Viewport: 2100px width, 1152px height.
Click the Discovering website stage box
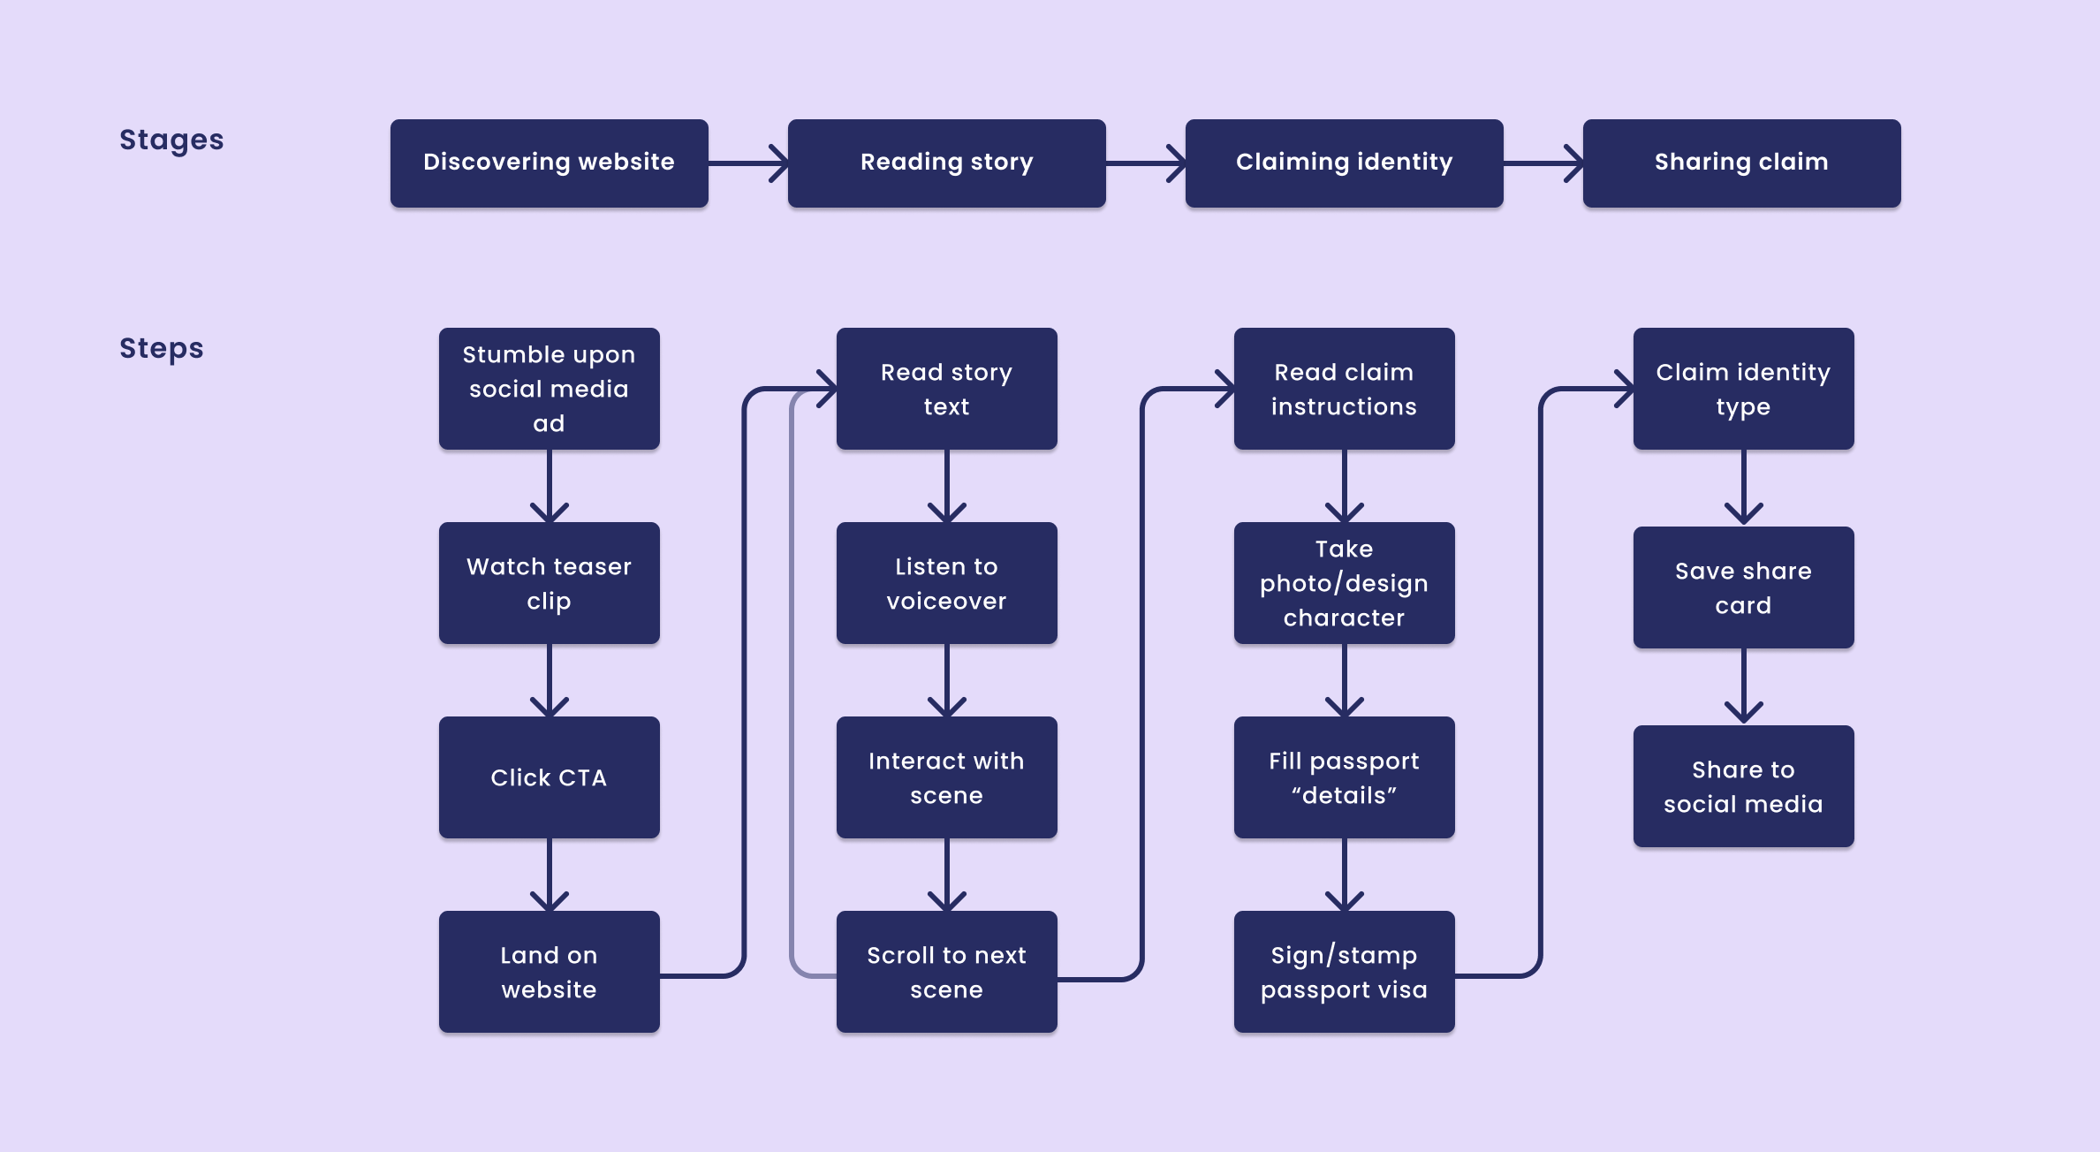click(549, 163)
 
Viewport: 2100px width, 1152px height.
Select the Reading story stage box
click(946, 163)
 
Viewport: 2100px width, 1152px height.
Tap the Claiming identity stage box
click(1344, 163)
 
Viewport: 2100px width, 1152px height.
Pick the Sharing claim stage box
click(1741, 163)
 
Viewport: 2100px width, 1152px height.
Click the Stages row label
click(171, 140)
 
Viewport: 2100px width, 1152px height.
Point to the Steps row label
click(161, 348)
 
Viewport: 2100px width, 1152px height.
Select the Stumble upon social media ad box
click(549, 389)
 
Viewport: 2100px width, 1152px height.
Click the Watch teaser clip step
click(549, 583)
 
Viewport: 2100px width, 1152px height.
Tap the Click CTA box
click(549, 777)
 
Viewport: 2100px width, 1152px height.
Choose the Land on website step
click(549, 972)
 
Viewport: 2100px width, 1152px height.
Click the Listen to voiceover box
click(946, 583)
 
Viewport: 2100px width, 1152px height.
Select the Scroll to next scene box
click(946, 972)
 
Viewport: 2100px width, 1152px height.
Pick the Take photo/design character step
click(1344, 583)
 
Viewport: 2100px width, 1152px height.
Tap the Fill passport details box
click(1344, 777)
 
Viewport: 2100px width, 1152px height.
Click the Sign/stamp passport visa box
click(1344, 972)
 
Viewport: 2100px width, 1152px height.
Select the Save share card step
click(1743, 587)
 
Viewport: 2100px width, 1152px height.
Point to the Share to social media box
click(1743, 786)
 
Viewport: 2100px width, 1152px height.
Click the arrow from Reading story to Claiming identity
click(1145, 163)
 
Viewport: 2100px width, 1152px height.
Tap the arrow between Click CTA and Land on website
click(549, 874)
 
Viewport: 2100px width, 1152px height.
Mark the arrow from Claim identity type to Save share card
click(1743, 487)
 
